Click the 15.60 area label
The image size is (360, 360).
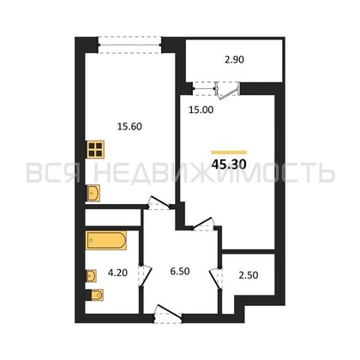point(129,126)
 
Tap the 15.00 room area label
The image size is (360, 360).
point(201,110)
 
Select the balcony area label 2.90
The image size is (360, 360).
point(234,60)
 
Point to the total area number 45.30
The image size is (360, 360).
point(229,165)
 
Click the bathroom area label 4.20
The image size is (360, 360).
point(117,273)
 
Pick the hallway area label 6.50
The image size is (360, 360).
point(180,271)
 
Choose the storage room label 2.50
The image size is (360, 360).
point(249,275)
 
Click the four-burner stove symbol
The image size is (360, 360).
point(95,149)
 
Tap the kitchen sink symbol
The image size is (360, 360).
point(93,194)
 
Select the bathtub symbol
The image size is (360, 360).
point(106,240)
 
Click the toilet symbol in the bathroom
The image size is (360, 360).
point(95,295)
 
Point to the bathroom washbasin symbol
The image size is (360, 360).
point(92,276)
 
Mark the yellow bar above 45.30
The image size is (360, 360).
point(229,153)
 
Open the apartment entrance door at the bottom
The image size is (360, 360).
point(168,314)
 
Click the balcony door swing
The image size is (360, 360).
point(228,90)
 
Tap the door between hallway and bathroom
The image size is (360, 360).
point(145,275)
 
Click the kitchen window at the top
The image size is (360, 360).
point(129,45)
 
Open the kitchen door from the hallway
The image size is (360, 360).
point(159,202)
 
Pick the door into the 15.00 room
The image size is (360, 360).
point(203,224)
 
